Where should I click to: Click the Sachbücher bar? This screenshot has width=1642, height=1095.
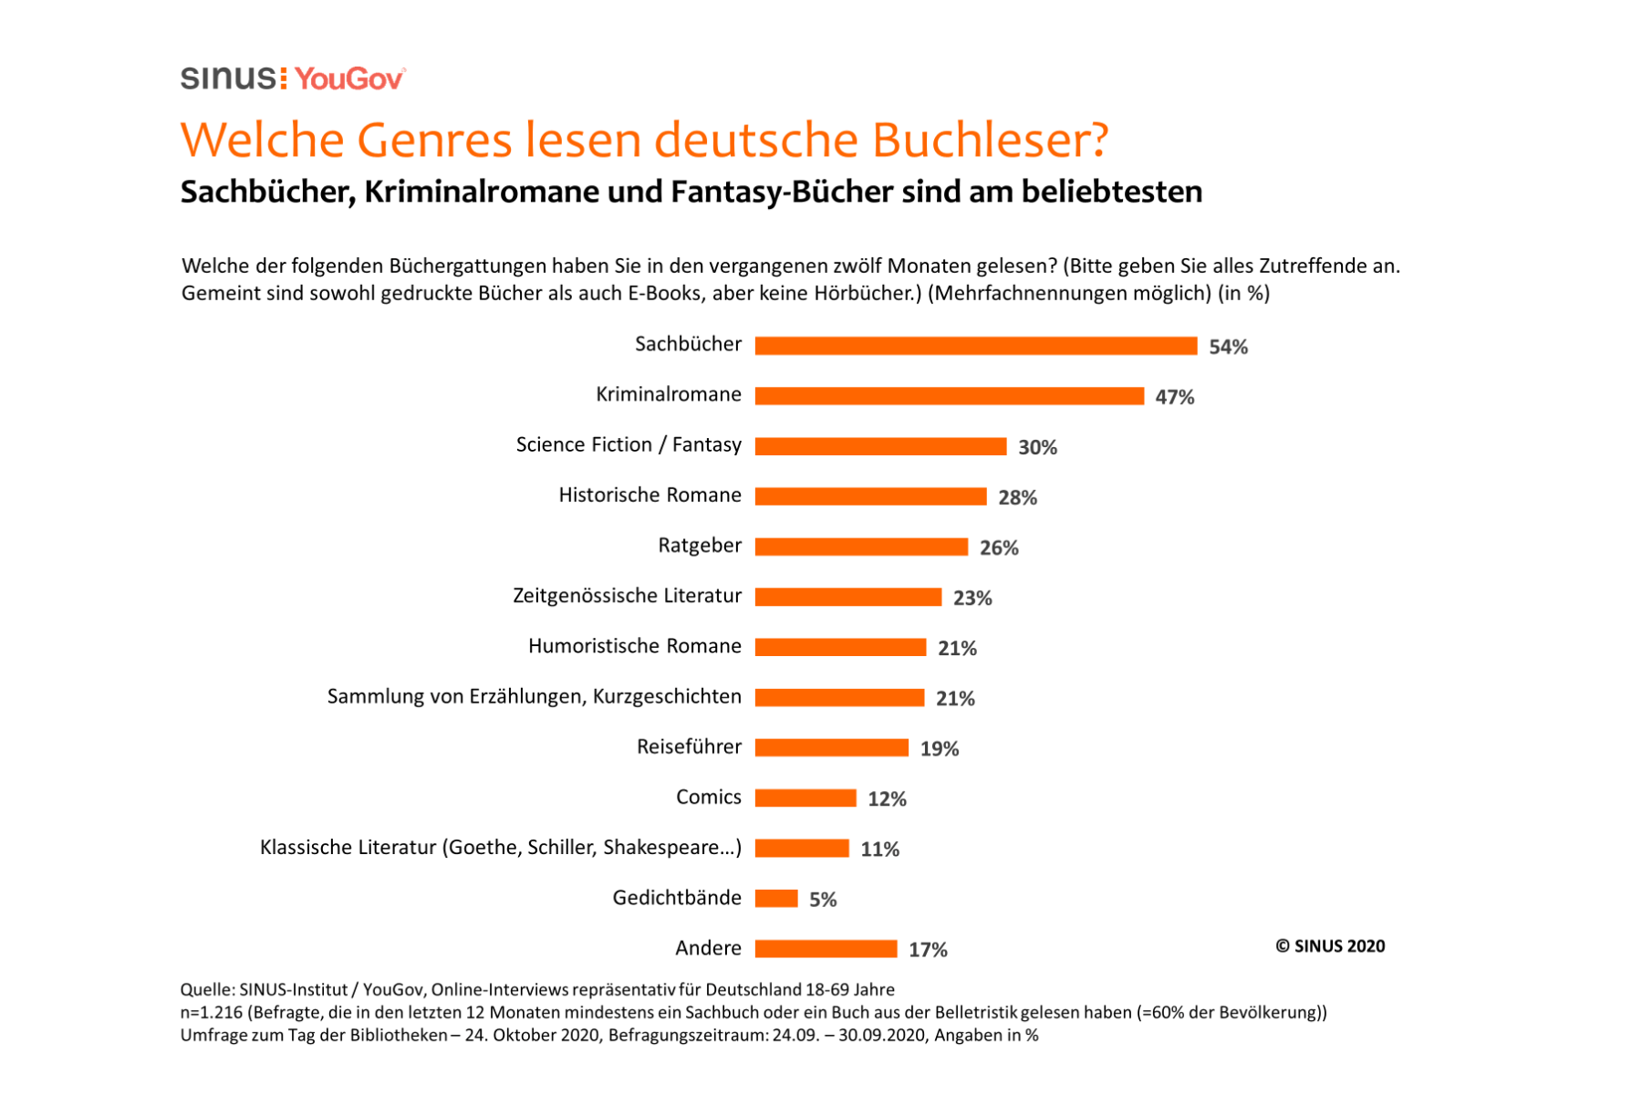coord(975,346)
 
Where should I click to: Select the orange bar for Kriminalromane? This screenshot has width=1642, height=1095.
coord(949,396)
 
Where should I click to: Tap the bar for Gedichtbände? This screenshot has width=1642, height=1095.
coord(776,899)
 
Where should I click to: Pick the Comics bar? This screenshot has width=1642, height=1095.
coord(805,798)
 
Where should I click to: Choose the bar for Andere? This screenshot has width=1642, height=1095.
coord(826,949)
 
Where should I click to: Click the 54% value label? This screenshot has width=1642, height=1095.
coord(1228,347)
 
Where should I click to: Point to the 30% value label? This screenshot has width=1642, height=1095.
coord(1037,447)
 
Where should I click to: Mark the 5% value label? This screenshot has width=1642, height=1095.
coord(822,900)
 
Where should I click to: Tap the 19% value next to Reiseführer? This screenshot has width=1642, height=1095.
coord(939,749)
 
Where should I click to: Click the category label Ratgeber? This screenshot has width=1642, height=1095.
coord(700,546)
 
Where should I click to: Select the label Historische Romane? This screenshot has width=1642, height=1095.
coord(650,495)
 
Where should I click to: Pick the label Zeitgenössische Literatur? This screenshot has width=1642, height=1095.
coord(627,596)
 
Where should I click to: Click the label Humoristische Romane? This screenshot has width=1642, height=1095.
coord(634,646)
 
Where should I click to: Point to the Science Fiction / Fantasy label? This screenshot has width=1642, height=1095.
coord(629,444)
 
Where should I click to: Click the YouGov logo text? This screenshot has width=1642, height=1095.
coord(349,79)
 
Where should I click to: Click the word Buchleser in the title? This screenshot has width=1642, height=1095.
coord(990,140)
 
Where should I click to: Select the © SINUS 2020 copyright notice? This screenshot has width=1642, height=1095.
coord(1329,946)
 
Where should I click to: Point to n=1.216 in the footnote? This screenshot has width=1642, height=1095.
coord(211,1012)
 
